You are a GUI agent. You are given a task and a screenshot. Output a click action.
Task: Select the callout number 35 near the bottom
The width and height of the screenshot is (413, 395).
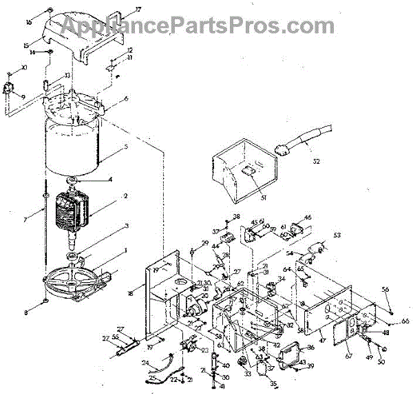(273, 384)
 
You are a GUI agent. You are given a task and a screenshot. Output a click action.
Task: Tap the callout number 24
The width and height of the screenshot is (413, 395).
(145, 362)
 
